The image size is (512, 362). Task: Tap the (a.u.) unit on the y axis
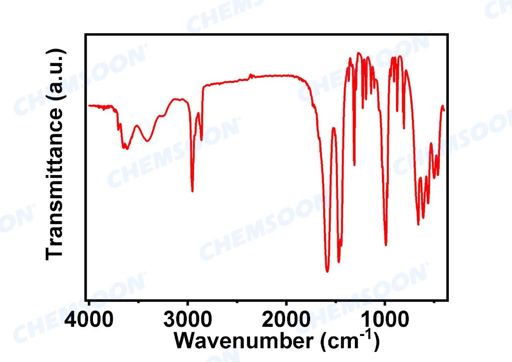point(55,75)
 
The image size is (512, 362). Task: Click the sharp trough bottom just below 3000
point(192,191)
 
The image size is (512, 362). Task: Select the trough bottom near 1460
point(339,262)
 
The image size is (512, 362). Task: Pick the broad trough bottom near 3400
point(148,141)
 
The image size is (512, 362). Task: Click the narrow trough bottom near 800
point(404,129)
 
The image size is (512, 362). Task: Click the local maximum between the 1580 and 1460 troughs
point(334,128)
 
